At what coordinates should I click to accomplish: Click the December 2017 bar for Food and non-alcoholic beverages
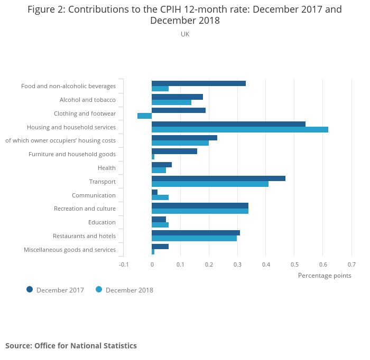pos(198,83)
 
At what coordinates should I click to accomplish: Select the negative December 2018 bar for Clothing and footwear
pos(144,116)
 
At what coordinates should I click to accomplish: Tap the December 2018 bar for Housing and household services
pos(239,130)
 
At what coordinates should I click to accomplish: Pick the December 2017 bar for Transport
pos(218,178)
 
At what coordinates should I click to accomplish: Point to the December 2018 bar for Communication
pos(160,197)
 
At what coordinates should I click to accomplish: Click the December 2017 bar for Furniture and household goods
pos(174,151)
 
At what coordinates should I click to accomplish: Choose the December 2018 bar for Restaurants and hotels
pos(194,239)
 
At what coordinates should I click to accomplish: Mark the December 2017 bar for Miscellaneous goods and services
pos(160,247)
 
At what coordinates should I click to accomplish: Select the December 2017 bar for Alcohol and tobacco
pos(177,97)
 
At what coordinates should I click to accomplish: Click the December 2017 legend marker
pos(30,289)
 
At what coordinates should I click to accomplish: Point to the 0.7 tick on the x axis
pos(351,264)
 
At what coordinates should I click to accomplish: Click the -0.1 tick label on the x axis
pos(124,264)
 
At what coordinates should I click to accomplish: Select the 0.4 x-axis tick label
pos(266,264)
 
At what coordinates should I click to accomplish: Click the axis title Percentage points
pos(324,275)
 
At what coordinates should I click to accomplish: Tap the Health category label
pos(106,168)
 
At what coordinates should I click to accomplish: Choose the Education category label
pos(101,222)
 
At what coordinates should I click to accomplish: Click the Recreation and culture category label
pos(85,209)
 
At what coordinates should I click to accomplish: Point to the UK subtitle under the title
pos(184,34)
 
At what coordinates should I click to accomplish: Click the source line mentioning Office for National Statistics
pos(71,346)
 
